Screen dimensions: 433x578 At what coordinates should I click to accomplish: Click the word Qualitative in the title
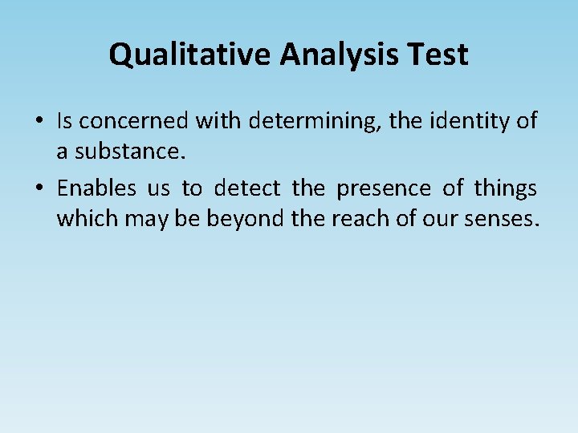tap(189, 55)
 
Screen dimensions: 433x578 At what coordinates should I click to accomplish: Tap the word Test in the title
tap(438, 55)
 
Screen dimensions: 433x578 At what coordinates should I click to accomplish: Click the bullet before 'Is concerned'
tap(39, 122)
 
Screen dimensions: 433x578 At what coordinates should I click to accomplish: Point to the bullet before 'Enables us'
tap(39, 189)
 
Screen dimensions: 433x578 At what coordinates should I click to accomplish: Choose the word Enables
tap(97, 189)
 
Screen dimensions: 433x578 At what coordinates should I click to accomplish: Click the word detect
tap(247, 189)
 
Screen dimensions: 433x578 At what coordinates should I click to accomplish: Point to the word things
tap(506, 189)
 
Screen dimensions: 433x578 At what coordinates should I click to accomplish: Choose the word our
tap(438, 218)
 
